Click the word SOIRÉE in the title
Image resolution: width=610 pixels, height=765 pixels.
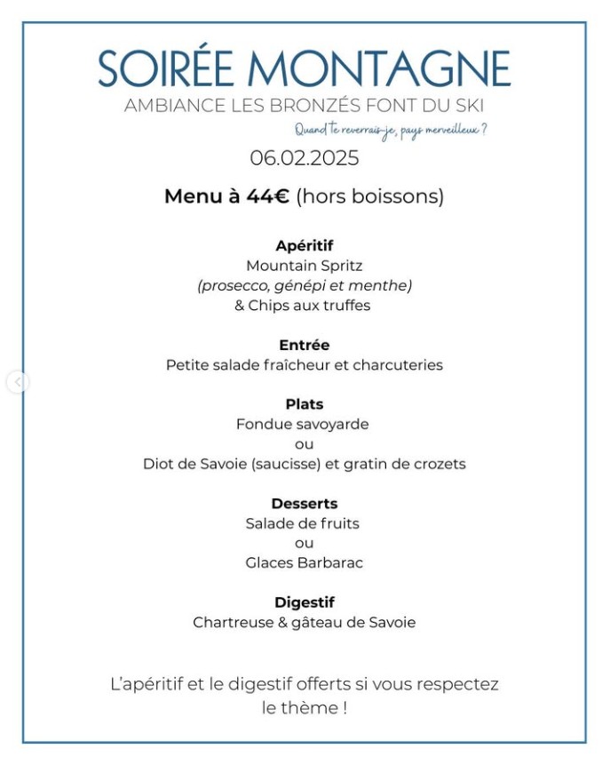coord(165,69)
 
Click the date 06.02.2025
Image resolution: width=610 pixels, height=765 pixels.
coord(305,158)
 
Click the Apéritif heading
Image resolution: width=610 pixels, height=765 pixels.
coord(305,245)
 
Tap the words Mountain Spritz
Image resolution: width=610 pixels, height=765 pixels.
coord(305,266)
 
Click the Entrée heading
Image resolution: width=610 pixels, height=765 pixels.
coord(305,345)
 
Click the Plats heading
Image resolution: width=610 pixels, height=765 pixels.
coord(305,404)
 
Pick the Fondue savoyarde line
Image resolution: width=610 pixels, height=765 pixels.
coord(303,425)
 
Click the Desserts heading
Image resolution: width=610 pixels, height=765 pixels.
coord(305,504)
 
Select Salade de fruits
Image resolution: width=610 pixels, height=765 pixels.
coord(303,523)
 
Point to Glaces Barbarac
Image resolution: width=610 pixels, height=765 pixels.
coord(305,563)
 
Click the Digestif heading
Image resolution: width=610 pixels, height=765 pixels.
coord(305,602)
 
